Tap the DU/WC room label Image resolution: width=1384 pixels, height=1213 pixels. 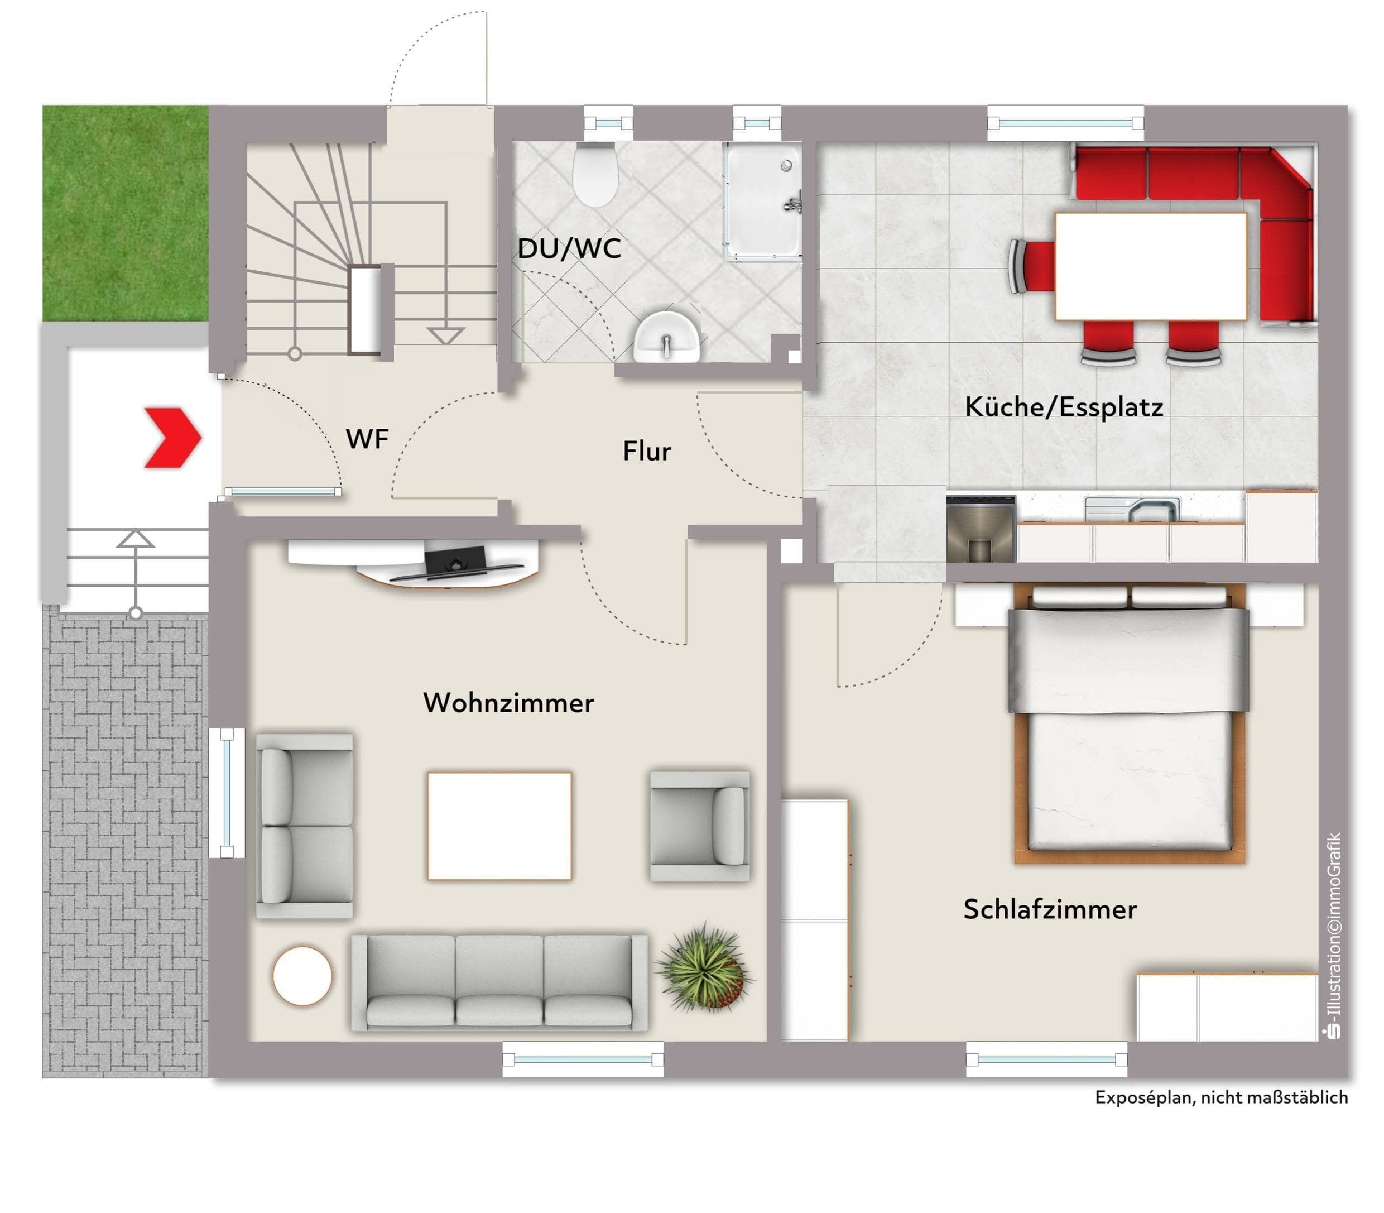(569, 248)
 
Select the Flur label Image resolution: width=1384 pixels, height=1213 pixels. (647, 451)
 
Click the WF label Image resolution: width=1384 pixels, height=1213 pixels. (368, 439)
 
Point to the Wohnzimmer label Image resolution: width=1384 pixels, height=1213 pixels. (509, 703)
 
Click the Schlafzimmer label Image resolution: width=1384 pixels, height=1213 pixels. (1050, 909)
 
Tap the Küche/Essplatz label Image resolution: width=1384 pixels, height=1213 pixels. (1064, 407)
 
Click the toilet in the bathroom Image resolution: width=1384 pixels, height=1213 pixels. (595, 174)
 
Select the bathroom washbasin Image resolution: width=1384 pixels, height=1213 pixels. (667, 337)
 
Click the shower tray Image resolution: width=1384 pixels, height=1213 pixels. (763, 201)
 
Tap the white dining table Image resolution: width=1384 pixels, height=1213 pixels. (1151, 266)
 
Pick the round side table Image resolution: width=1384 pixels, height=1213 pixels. (302, 975)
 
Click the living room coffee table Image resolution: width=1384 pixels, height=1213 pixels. (499, 826)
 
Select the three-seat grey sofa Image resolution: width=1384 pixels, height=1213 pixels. (499, 983)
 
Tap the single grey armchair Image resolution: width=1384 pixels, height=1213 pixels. (700, 826)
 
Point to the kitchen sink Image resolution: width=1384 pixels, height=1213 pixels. (1132, 509)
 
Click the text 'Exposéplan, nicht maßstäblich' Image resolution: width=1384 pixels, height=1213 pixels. (1222, 1097)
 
